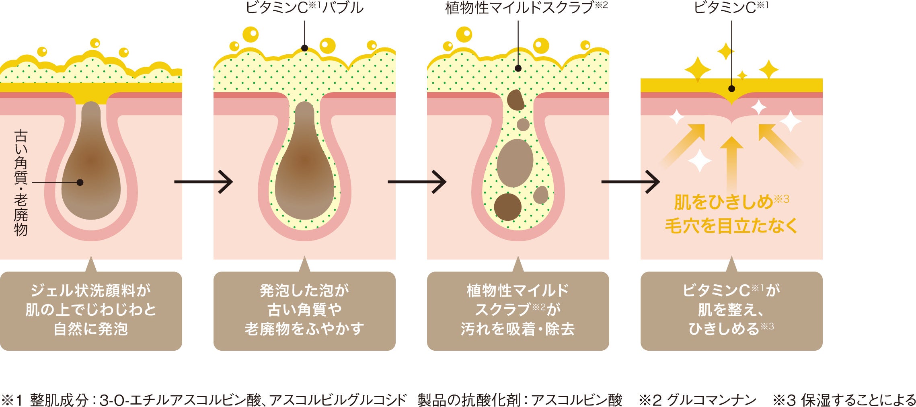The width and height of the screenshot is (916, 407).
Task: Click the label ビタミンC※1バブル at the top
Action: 304,8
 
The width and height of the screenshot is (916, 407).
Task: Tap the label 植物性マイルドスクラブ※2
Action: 526,8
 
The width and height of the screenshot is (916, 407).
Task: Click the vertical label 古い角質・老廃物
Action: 21,182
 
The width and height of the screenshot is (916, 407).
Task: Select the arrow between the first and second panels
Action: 203,182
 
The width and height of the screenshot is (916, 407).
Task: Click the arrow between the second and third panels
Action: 417,182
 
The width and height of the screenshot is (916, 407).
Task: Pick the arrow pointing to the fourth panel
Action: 631,182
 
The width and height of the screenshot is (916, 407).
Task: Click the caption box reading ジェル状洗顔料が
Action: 91,310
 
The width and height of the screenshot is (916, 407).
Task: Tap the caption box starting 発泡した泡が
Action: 304,310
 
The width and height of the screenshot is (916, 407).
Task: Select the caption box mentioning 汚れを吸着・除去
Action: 518,310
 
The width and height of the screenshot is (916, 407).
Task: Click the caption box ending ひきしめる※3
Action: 731,310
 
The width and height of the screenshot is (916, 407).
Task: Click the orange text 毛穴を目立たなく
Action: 731,226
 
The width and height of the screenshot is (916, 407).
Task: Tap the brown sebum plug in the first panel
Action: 91,173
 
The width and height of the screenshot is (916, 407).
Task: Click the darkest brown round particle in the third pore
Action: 507,207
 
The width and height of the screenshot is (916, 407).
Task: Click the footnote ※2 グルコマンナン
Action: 698,400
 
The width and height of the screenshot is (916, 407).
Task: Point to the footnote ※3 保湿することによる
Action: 844,400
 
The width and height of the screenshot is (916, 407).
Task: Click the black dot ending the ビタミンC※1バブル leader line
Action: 304,48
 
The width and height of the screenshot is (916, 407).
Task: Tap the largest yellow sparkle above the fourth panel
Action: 698,70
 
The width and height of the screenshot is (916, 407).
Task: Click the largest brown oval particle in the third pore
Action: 515,163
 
